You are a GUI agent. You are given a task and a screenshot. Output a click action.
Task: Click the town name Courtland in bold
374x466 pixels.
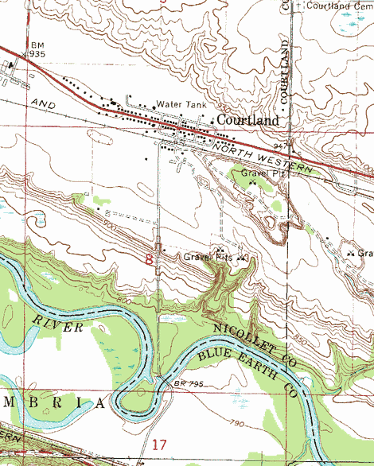click(x=247, y=120)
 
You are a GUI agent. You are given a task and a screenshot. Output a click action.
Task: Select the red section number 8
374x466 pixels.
click(x=149, y=259)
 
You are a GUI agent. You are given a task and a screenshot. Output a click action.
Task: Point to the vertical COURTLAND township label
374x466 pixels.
click(x=283, y=71)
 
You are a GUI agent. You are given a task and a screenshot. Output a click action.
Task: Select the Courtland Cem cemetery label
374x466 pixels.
click(x=339, y=6)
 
